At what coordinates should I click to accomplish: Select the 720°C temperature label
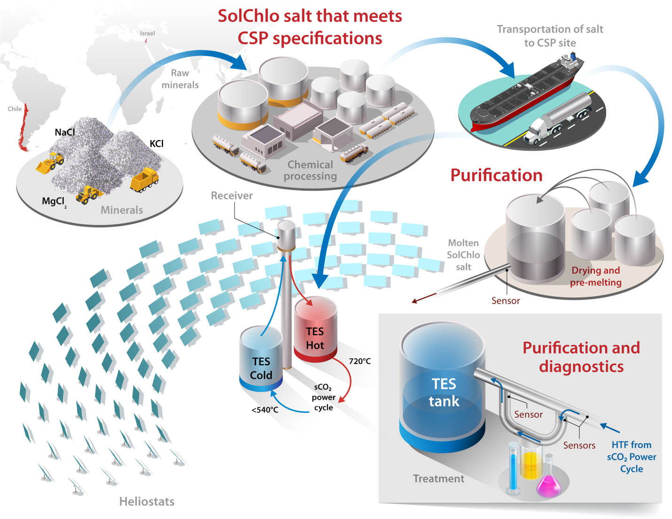point(359,361)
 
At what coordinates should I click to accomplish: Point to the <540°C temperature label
point(265,410)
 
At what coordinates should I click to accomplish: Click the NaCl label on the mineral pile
point(64,133)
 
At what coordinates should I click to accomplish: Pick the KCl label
point(156,144)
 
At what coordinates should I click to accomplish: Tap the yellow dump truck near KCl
point(144,180)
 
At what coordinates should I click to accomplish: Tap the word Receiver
point(231,196)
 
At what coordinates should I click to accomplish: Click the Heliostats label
point(147,502)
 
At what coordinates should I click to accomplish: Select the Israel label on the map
point(147,33)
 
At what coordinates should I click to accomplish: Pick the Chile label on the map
point(15,109)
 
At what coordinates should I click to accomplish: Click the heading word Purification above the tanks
point(496,175)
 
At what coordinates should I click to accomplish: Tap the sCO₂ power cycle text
point(323,397)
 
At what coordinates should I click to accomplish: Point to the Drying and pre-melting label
point(595,276)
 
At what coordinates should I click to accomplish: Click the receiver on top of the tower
point(286,235)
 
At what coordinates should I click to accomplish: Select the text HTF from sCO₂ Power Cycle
point(631,456)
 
